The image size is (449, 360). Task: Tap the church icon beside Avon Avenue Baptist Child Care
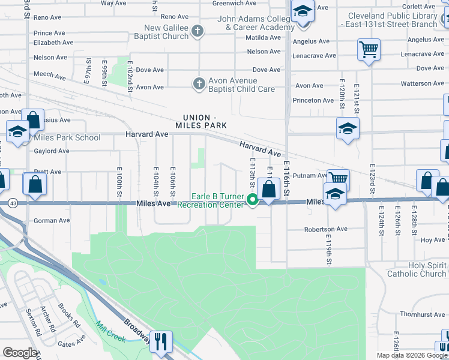point(199,84)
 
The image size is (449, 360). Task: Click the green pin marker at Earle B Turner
point(253,200)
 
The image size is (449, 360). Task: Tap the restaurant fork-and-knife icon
point(160,341)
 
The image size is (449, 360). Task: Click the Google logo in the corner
point(20,352)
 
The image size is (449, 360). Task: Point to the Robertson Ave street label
point(326,229)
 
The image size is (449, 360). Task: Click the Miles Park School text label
point(67,137)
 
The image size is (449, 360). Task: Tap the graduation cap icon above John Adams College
point(303,11)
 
